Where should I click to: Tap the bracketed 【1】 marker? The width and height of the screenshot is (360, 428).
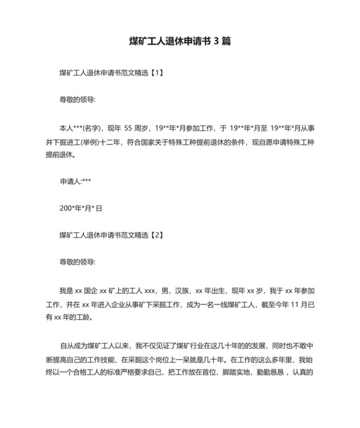pos(156,73)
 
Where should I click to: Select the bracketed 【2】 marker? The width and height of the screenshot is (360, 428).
pos(156,236)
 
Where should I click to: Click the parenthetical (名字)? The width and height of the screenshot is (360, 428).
pos(94,128)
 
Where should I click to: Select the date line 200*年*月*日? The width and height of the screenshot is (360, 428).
pos(81,209)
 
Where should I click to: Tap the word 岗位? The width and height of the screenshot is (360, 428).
pos(175,358)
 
